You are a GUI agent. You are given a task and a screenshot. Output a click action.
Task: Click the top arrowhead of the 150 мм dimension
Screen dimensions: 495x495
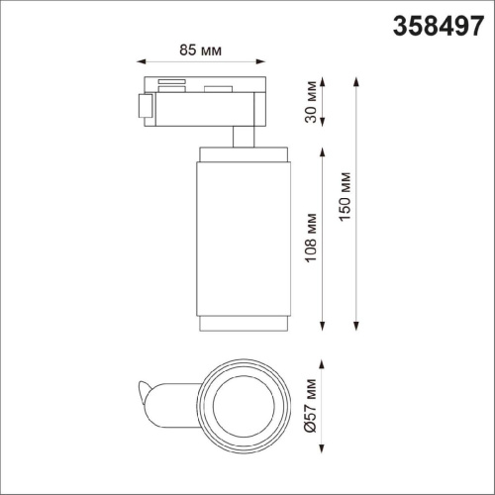[x=355, y=77]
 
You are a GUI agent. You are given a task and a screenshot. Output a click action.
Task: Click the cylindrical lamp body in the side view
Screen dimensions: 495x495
[x=244, y=238]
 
